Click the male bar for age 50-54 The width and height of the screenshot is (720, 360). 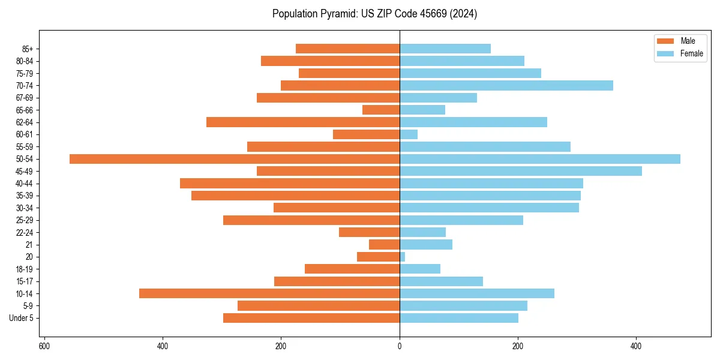tap(234, 159)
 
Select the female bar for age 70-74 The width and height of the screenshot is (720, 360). tap(506, 85)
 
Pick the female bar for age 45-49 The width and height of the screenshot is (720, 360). tap(520, 171)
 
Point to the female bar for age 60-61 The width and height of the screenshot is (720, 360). tap(409, 134)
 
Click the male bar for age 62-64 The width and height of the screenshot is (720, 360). tap(303, 122)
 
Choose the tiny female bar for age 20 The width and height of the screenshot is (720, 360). tap(403, 257)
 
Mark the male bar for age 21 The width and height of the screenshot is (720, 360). tap(384, 245)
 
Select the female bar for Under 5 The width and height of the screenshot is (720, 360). tap(459, 318)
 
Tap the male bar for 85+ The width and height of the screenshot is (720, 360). tap(347, 49)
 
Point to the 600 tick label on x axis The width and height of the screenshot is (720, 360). tap(44, 346)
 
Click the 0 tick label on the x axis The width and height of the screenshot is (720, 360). tap(400, 346)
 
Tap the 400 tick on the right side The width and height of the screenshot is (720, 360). tap(637, 346)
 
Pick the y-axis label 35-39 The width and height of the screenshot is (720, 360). tap(25, 196)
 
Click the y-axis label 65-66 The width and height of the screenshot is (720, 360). tap(25, 110)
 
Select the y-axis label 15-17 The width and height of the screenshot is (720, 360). tap(25, 281)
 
